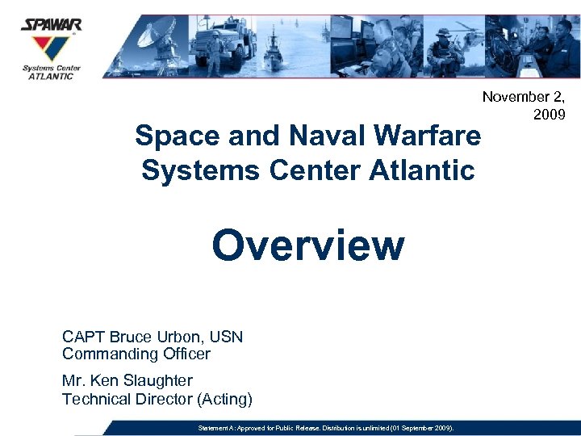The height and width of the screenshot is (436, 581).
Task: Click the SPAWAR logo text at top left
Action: [x=51, y=25]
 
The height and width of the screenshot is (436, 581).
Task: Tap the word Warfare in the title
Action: [x=427, y=136]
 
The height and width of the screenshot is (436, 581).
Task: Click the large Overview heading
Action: [x=307, y=245]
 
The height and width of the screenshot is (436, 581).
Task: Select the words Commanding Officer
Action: [x=136, y=354]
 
